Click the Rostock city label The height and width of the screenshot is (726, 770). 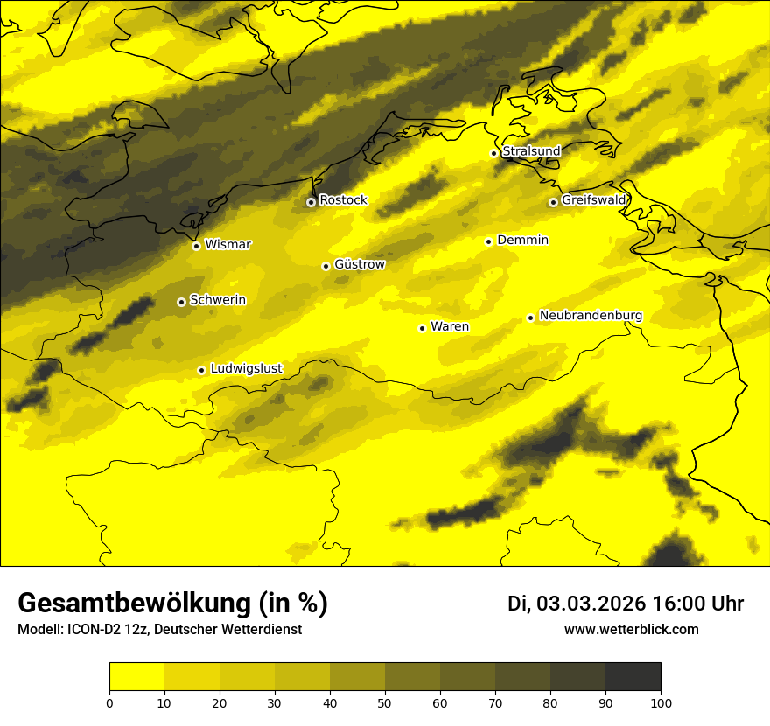[x=343, y=200]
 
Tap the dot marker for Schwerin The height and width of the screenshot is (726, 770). [x=181, y=302]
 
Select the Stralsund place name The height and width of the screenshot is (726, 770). [x=531, y=151]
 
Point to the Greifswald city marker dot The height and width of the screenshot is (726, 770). [x=553, y=202]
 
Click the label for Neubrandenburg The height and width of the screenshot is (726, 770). [x=591, y=316]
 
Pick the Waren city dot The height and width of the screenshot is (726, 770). [x=422, y=328]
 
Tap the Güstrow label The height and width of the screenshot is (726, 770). [x=359, y=264]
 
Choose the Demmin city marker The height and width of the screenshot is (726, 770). [x=488, y=241]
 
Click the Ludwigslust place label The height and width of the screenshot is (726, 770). [x=246, y=369]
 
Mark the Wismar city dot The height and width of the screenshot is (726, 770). [x=196, y=246]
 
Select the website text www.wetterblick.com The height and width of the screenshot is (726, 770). [x=631, y=630]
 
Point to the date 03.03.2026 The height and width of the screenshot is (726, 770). [x=591, y=604]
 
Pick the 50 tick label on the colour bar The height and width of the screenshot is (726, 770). [x=385, y=702]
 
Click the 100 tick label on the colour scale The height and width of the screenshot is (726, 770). [x=660, y=702]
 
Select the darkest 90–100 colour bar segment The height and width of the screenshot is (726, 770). [x=633, y=676]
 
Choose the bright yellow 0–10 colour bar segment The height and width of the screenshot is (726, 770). [x=136, y=676]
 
